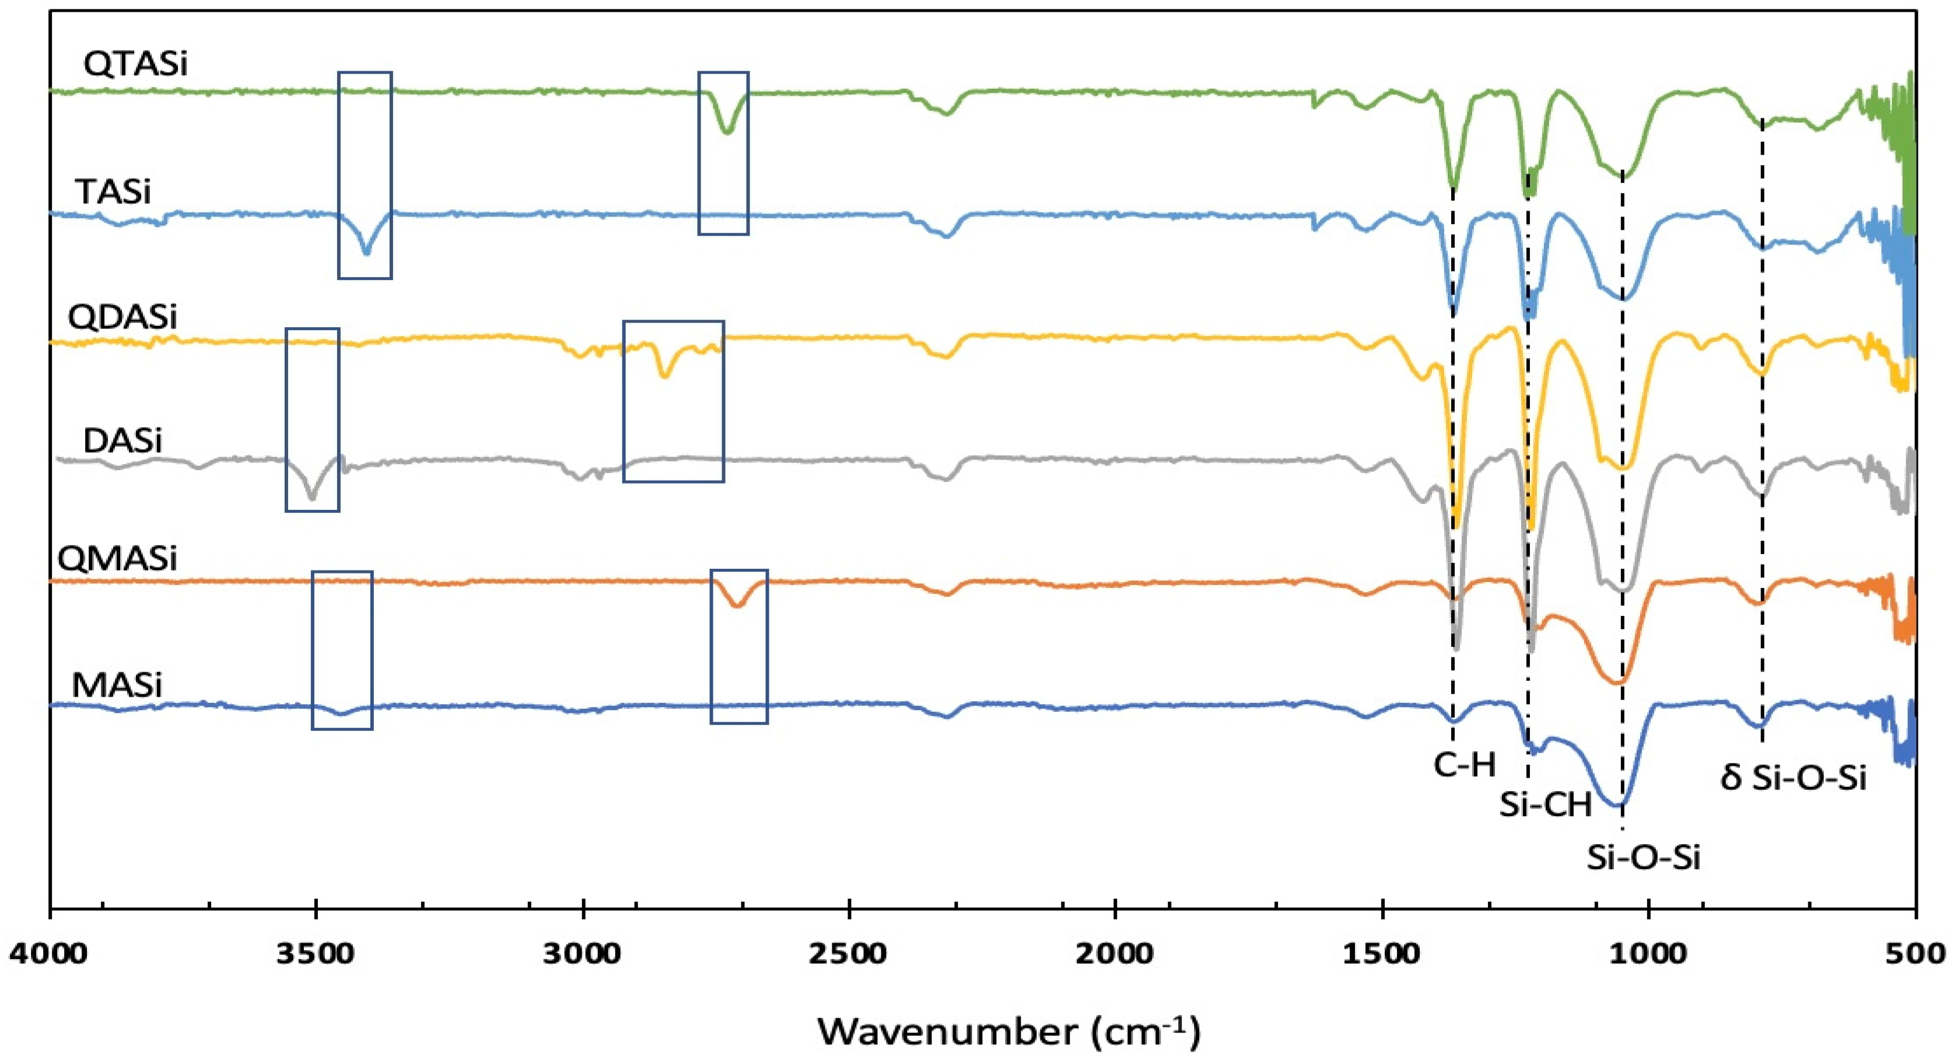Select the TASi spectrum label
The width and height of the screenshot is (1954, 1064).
click(x=113, y=192)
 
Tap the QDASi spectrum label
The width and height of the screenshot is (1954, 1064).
click(x=122, y=316)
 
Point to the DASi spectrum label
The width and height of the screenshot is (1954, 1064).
click(x=122, y=440)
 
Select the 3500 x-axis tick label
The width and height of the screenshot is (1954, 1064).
click(x=316, y=953)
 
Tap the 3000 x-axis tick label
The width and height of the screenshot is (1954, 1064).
click(x=583, y=953)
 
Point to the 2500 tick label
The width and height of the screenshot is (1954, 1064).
click(x=850, y=953)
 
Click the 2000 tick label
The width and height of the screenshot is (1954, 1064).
click(x=1116, y=953)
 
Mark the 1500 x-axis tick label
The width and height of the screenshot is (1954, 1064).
click(x=1383, y=953)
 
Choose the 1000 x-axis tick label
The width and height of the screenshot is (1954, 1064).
click(x=1648, y=953)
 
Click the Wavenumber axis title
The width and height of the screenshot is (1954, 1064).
click(x=1009, y=1031)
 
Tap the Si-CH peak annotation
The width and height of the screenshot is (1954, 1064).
click(x=1546, y=804)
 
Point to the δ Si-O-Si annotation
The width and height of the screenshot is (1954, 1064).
click(x=1793, y=778)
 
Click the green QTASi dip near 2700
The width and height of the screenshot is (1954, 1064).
click(x=727, y=131)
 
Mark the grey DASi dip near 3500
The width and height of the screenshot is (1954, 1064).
click(x=311, y=497)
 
